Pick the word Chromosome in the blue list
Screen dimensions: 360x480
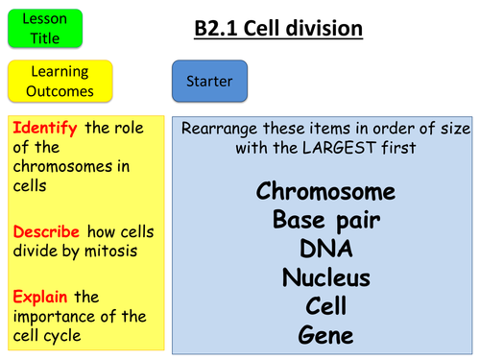click(x=325, y=191)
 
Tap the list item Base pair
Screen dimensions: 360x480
click(x=325, y=220)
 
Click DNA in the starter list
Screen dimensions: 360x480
click(x=325, y=249)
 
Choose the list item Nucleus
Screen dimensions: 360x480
click(x=325, y=278)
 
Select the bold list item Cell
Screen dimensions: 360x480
click(x=325, y=307)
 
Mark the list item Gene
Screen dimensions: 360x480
click(x=325, y=336)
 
